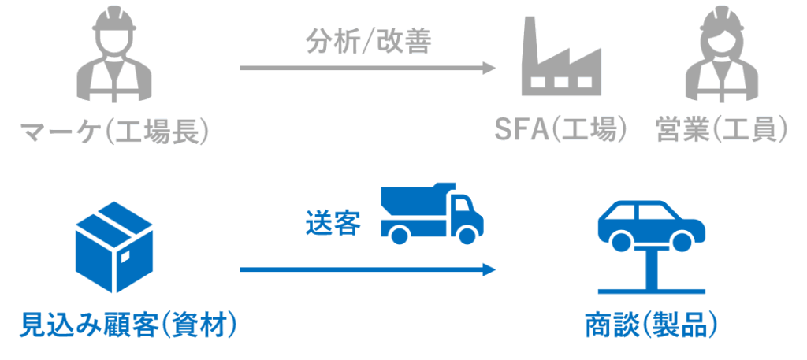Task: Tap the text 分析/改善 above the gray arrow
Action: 368,42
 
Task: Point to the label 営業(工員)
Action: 721,130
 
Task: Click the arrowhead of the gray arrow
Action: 489,69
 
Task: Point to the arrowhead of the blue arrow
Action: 489,270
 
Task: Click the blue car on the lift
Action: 651,222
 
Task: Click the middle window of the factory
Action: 560,83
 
